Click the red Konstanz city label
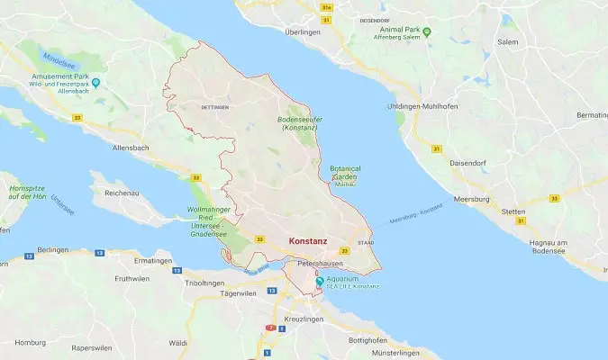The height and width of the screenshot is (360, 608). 308,242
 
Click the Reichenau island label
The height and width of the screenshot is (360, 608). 125,193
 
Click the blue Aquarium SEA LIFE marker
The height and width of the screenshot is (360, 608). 319,282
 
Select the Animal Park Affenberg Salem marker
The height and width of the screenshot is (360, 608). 427,31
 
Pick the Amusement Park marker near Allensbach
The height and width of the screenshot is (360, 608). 95,83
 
